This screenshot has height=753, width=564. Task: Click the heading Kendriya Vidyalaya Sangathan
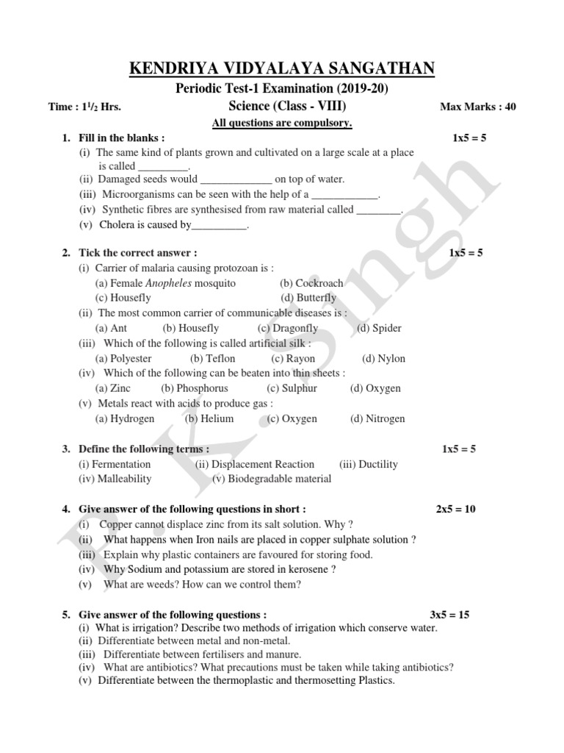click(x=282, y=69)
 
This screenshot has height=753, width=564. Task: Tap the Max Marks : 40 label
click(x=477, y=107)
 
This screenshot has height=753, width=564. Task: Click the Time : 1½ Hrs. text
click(x=84, y=107)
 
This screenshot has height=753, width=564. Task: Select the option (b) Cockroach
click(x=311, y=283)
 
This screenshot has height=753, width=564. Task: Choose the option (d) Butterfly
click(x=308, y=298)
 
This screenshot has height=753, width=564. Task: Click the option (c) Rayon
click(x=293, y=359)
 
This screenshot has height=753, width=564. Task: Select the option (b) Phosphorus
click(x=195, y=388)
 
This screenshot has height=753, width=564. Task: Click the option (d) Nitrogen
click(x=377, y=419)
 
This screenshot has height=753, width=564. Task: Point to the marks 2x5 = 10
click(x=455, y=509)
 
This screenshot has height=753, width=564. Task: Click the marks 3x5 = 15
click(x=449, y=615)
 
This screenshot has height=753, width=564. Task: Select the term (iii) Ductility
click(x=369, y=464)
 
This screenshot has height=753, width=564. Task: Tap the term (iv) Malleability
click(x=115, y=479)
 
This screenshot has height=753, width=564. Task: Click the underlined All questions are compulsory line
click(x=282, y=123)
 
